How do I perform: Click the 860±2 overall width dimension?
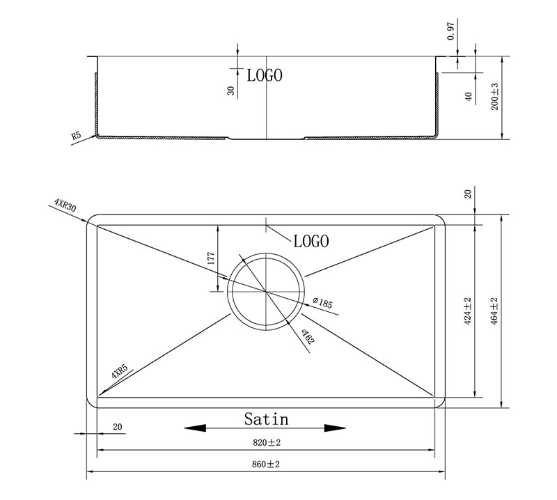coord(266,464)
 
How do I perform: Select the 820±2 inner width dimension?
coord(267,442)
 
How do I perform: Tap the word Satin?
coord(267,419)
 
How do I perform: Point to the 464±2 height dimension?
coord(494,311)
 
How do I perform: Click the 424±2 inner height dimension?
coord(467,311)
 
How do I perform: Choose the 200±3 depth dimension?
coord(494,97)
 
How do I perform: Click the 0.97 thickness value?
coord(450,31)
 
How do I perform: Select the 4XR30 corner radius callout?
coord(65,205)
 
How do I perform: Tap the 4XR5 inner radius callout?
coord(119,371)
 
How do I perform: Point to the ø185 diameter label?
coord(322,302)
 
